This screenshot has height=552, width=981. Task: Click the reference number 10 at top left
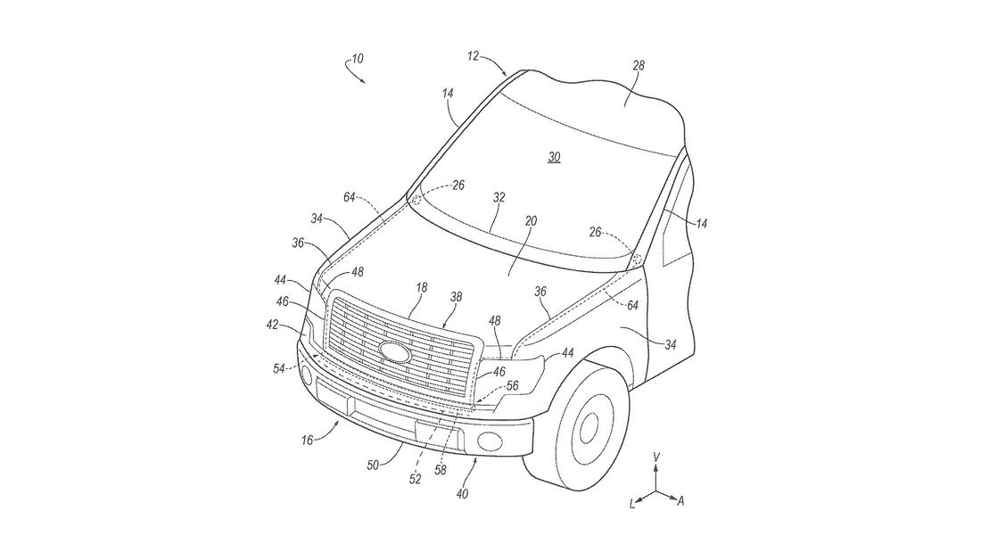coord(357,60)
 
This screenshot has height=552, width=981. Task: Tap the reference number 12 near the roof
coord(472,55)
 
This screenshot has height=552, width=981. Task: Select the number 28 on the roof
coord(639,65)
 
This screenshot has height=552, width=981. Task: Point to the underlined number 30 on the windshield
coord(554,157)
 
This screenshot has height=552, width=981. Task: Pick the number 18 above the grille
coord(423,289)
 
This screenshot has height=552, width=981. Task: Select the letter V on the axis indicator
coord(656,457)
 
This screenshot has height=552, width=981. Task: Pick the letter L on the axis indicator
coord(632,505)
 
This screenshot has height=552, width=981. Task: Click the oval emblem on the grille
coord(390,350)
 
